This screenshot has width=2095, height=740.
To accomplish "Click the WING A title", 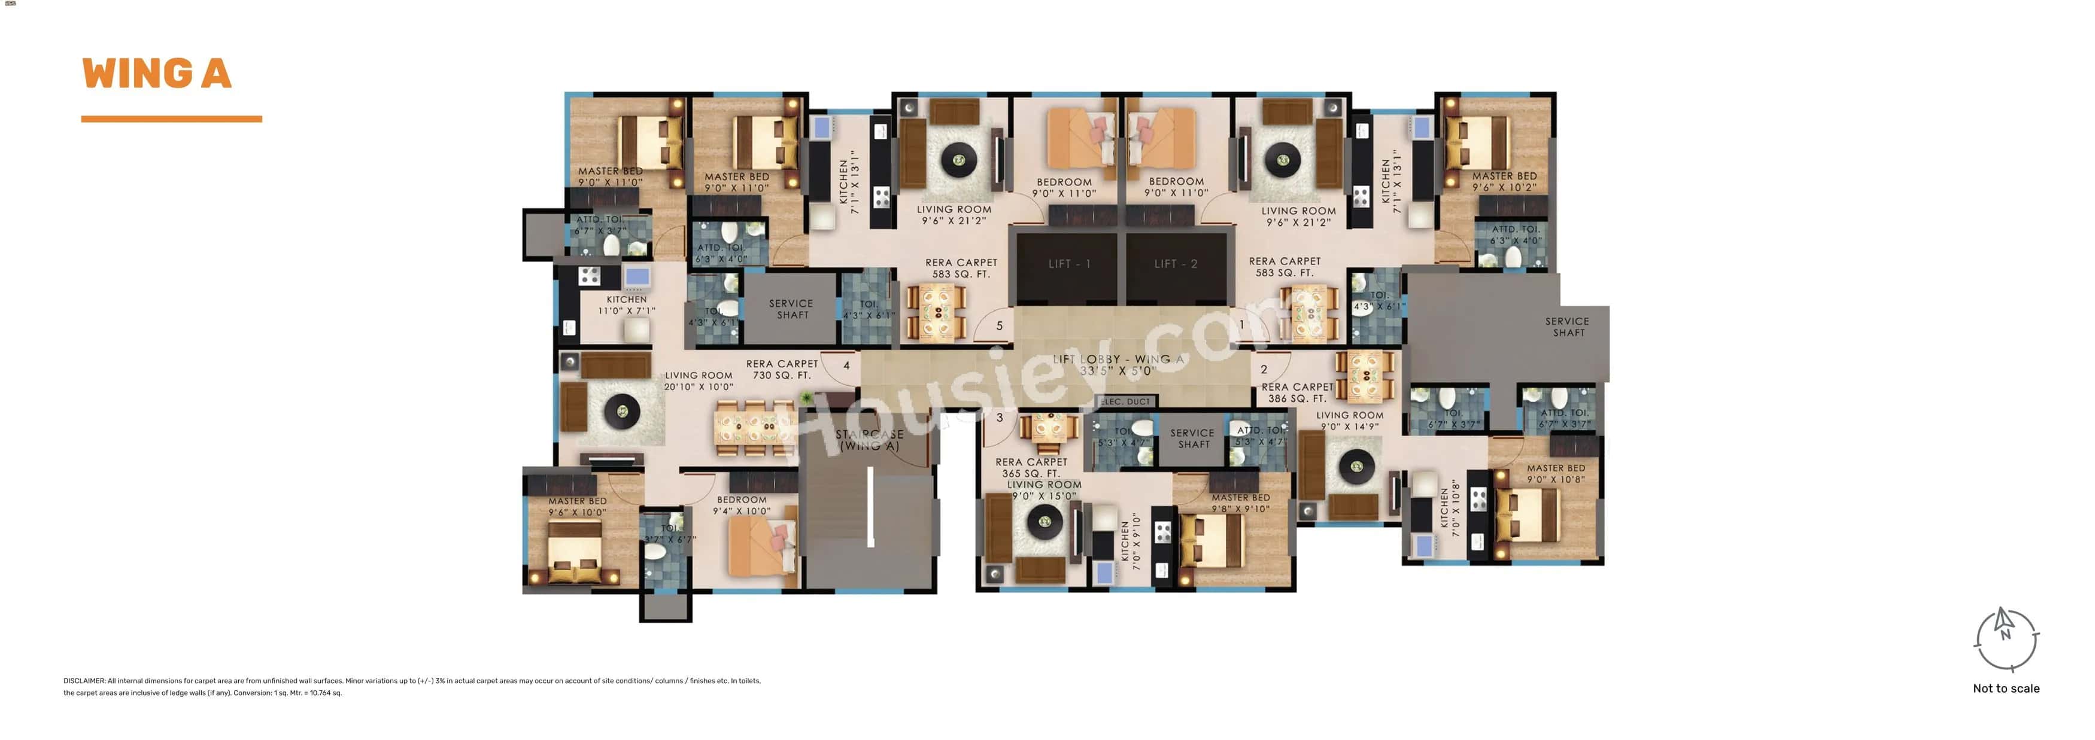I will click(156, 74).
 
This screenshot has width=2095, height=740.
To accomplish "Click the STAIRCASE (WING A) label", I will click(869, 440).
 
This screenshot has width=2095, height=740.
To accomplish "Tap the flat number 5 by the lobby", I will click(1000, 326).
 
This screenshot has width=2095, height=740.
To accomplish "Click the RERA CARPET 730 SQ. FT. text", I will click(782, 370).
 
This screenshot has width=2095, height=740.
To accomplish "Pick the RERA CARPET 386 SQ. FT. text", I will click(1297, 393).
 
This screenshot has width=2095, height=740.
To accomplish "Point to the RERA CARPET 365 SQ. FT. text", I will click(1030, 468).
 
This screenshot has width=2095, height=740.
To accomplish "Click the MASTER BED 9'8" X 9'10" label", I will click(1240, 503).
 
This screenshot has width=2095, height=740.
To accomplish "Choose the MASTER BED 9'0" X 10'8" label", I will click(1555, 474).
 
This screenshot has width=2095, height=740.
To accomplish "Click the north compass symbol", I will click(2006, 639).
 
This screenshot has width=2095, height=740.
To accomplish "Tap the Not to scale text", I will click(2006, 689).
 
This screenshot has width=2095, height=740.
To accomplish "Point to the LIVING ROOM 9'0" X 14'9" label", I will click(1349, 421).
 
